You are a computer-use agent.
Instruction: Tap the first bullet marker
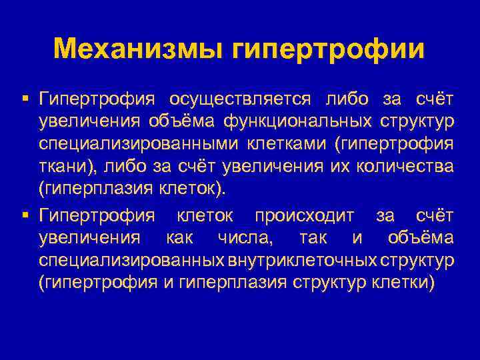[x=25, y=99]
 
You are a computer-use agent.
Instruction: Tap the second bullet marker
[x=25, y=215]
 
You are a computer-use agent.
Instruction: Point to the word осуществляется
[x=240, y=99]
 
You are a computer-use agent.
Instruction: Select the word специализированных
[x=131, y=260]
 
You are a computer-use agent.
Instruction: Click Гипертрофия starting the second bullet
[x=97, y=216]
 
